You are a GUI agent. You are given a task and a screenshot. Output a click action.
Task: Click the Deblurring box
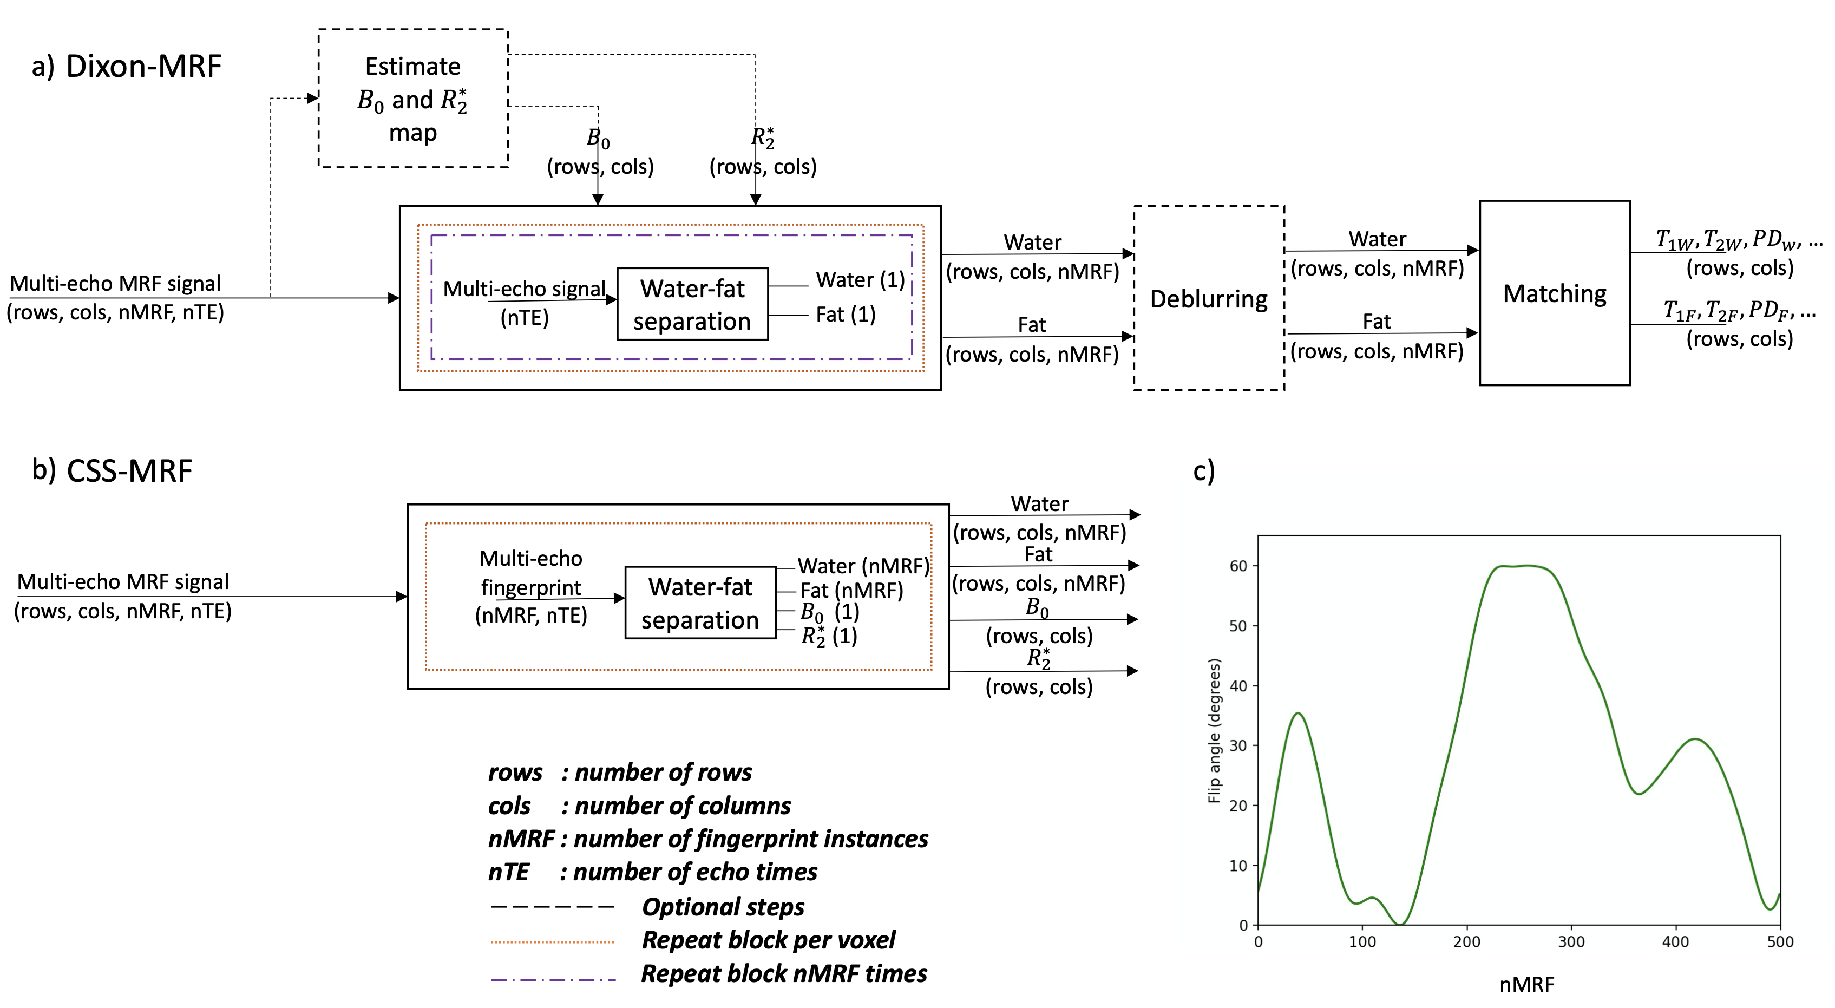pyautogui.click(x=1208, y=298)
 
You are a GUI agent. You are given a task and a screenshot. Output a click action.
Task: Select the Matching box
pyautogui.click(x=1554, y=293)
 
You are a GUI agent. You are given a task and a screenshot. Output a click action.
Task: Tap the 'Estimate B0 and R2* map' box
pyautogui.click(x=413, y=99)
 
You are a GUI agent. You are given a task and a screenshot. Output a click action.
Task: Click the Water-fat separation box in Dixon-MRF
pyautogui.click(x=692, y=304)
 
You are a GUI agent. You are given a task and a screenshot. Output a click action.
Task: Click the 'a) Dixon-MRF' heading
pyautogui.click(x=127, y=66)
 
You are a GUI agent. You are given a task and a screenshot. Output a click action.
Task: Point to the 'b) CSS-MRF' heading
pyautogui.click(x=113, y=470)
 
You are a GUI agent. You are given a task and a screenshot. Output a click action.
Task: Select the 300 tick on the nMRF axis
pyautogui.click(x=1571, y=942)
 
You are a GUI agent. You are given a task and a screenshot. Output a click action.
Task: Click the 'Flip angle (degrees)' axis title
pyautogui.click(x=1215, y=730)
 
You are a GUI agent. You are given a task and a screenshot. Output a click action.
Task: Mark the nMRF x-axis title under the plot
pyautogui.click(x=1526, y=985)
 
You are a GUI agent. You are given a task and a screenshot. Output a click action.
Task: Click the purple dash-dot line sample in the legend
pyautogui.click(x=553, y=979)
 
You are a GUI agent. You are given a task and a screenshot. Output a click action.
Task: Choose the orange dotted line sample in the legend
pyautogui.click(x=553, y=942)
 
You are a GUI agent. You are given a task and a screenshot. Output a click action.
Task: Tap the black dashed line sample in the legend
pyautogui.click(x=553, y=907)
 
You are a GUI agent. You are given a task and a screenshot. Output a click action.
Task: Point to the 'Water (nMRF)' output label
pyautogui.click(x=863, y=566)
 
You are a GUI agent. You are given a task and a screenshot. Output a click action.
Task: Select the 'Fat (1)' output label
pyautogui.click(x=846, y=314)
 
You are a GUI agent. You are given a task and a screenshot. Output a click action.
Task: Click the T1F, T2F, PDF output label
pyautogui.click(x=1739, y=311)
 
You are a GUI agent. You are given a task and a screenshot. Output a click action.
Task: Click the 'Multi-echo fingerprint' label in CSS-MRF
pyautogui.click(x=530, y=573)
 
